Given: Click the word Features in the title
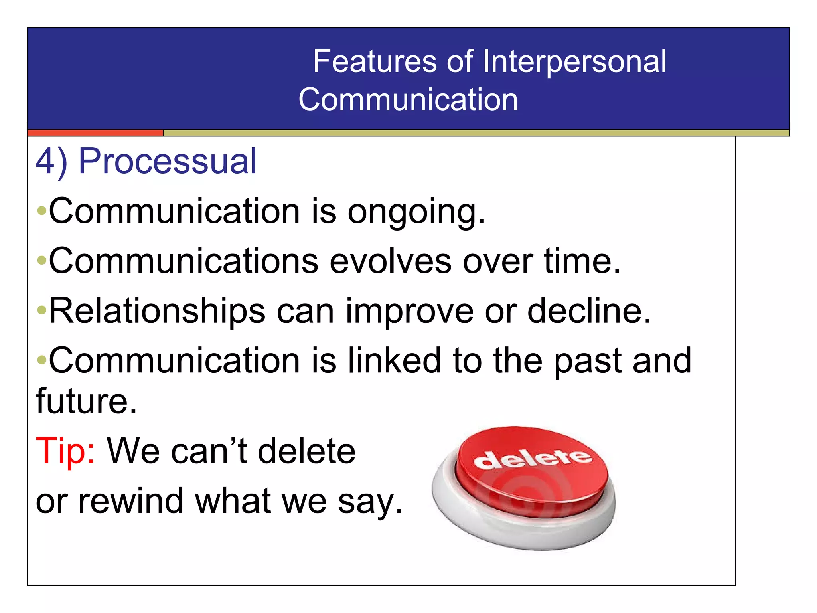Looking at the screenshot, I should (375, 61).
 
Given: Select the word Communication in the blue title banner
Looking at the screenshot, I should (408, 99).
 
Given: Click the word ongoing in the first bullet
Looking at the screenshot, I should (416, 212).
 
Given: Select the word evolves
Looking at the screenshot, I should (391, 261).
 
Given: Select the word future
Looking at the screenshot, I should (86, 401).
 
